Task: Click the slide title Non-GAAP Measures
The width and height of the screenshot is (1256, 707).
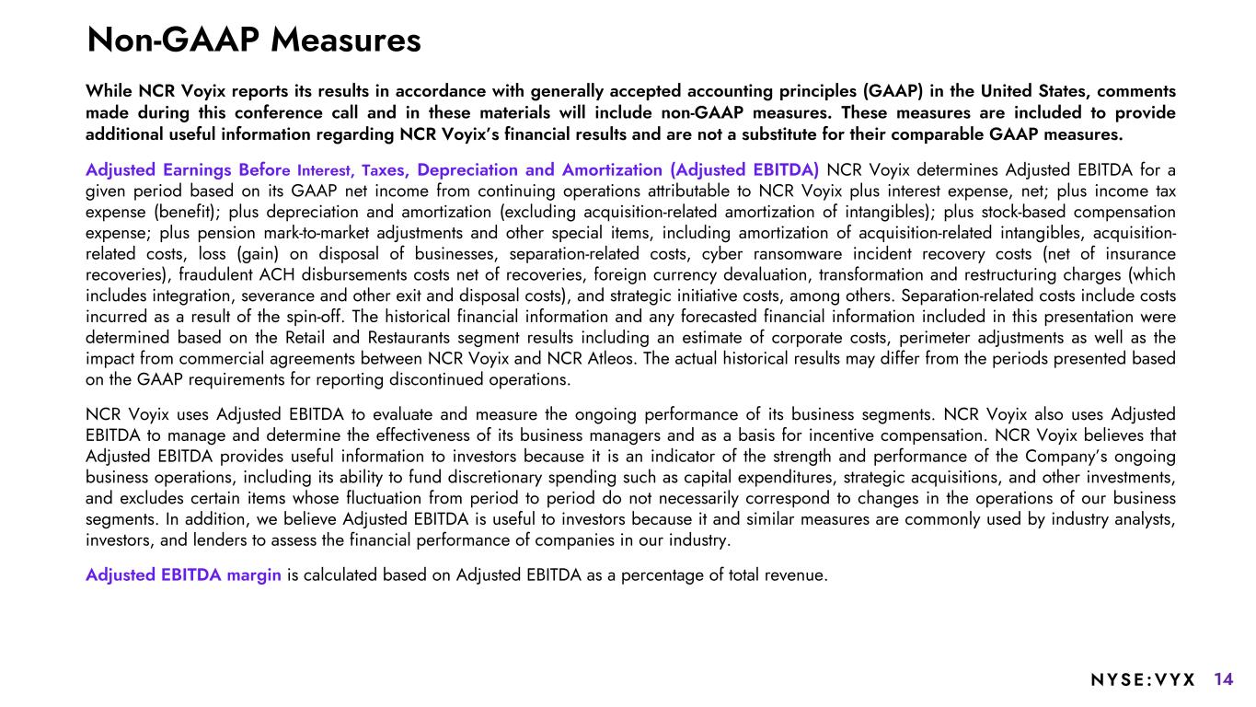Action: pos(253,40)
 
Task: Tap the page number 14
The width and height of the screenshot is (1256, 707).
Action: pos(1223,680)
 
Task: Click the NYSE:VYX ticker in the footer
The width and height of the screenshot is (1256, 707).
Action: pos(1142,680)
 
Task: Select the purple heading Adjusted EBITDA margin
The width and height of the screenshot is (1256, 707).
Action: pos(184,575)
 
